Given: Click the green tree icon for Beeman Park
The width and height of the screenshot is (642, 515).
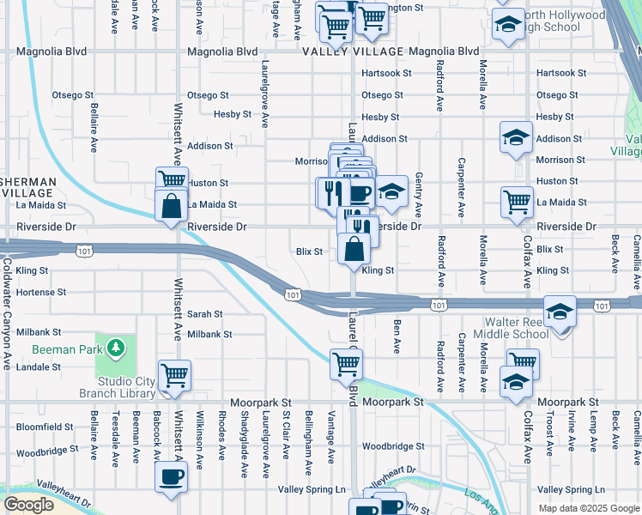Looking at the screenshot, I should pyautogui.click(x=113, y=348).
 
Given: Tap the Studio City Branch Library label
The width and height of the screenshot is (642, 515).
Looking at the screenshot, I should pyautogui.click(x=116, y=387).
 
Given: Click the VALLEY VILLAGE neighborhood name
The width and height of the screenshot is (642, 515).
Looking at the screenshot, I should pyautogui.click(x=352, y=51).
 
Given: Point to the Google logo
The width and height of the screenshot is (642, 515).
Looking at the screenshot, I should pyautogui.click(x=28, y=505).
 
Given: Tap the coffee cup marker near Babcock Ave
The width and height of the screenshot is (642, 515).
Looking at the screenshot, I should pyautogui.click(x=171, y=477).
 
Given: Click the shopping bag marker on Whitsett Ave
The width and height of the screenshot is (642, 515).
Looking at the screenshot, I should pyautogui.click(x=171, y=205).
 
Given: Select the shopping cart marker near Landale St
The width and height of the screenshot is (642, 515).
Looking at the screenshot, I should pyautogui.click(x=174, y=375).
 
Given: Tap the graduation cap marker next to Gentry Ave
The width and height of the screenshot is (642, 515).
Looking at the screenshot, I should pyautogui.click(x=391, y=193).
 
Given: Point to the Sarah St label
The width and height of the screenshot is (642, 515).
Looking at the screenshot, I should pyautogui.click(x=205, y=314).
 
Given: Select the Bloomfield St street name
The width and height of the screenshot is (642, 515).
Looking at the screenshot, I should pyautogui.click(x=45, y=427).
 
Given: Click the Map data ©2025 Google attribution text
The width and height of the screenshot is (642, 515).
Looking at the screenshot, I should pyautogui.click(x=588, y=507).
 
